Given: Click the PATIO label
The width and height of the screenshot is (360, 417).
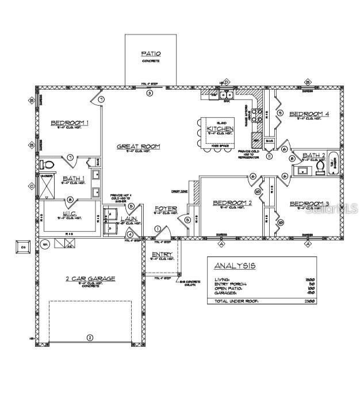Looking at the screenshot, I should click(x=151, y=53).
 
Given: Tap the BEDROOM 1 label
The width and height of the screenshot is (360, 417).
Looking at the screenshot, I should click(x=70, y=123).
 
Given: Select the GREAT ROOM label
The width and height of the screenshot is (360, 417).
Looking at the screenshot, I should click(x=138, y=147).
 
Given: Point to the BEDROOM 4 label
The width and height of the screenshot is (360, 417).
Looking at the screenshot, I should click(x=309, y=114).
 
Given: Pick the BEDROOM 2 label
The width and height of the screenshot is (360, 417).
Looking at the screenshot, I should click(x=232, y=202).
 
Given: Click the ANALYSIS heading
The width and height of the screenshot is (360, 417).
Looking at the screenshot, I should click(x=235, y=266).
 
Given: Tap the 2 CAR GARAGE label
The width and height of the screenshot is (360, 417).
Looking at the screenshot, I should click(x=90, y=279).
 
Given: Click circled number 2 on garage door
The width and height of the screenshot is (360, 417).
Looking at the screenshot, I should click(x=89, y=338).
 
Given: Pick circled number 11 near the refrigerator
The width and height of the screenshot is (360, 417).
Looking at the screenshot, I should click(x=269, y=156).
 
